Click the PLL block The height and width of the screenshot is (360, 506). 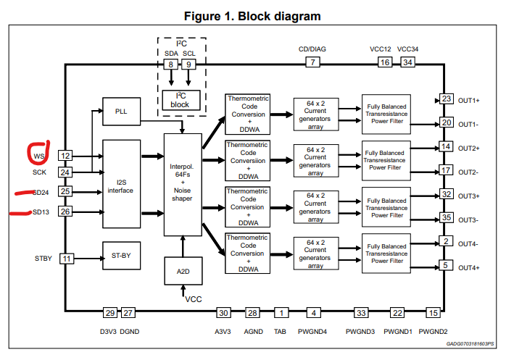[x=121, y=111]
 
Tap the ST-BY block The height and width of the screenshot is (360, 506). [x=121, y=256]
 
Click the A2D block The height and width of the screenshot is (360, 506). [x=183, y=271]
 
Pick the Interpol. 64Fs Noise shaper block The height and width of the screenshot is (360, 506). [x=183, y=184]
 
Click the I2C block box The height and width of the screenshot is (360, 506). [x=180, y=100]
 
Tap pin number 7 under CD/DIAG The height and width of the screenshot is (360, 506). [x=312, y=62]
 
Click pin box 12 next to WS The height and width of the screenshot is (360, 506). [x=66, y=155]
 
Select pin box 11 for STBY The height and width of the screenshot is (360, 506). [x=66, y=258]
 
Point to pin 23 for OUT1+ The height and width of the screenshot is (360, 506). [x=447, y=99]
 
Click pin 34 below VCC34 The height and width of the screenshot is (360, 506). [x=407, y=63]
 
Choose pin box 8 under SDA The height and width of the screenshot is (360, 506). [x=171, y=64]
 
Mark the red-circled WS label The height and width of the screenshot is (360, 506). [x=38, y=154]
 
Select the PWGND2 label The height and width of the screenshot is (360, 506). [x=433, y=331]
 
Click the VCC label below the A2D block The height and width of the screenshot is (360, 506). [x=194, y=298]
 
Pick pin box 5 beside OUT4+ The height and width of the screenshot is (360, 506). [x=447, y=265]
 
